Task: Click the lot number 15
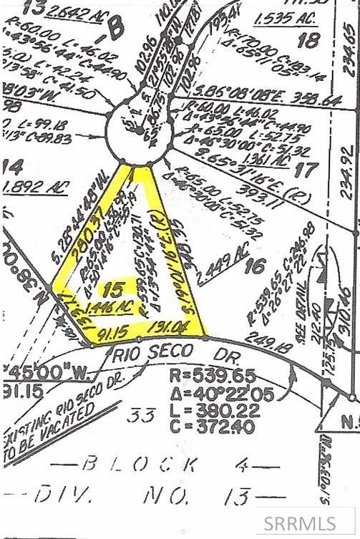click(110, 290)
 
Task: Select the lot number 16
click(254, 266)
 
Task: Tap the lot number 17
click(306, 170)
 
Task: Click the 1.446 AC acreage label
click(111, 308)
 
